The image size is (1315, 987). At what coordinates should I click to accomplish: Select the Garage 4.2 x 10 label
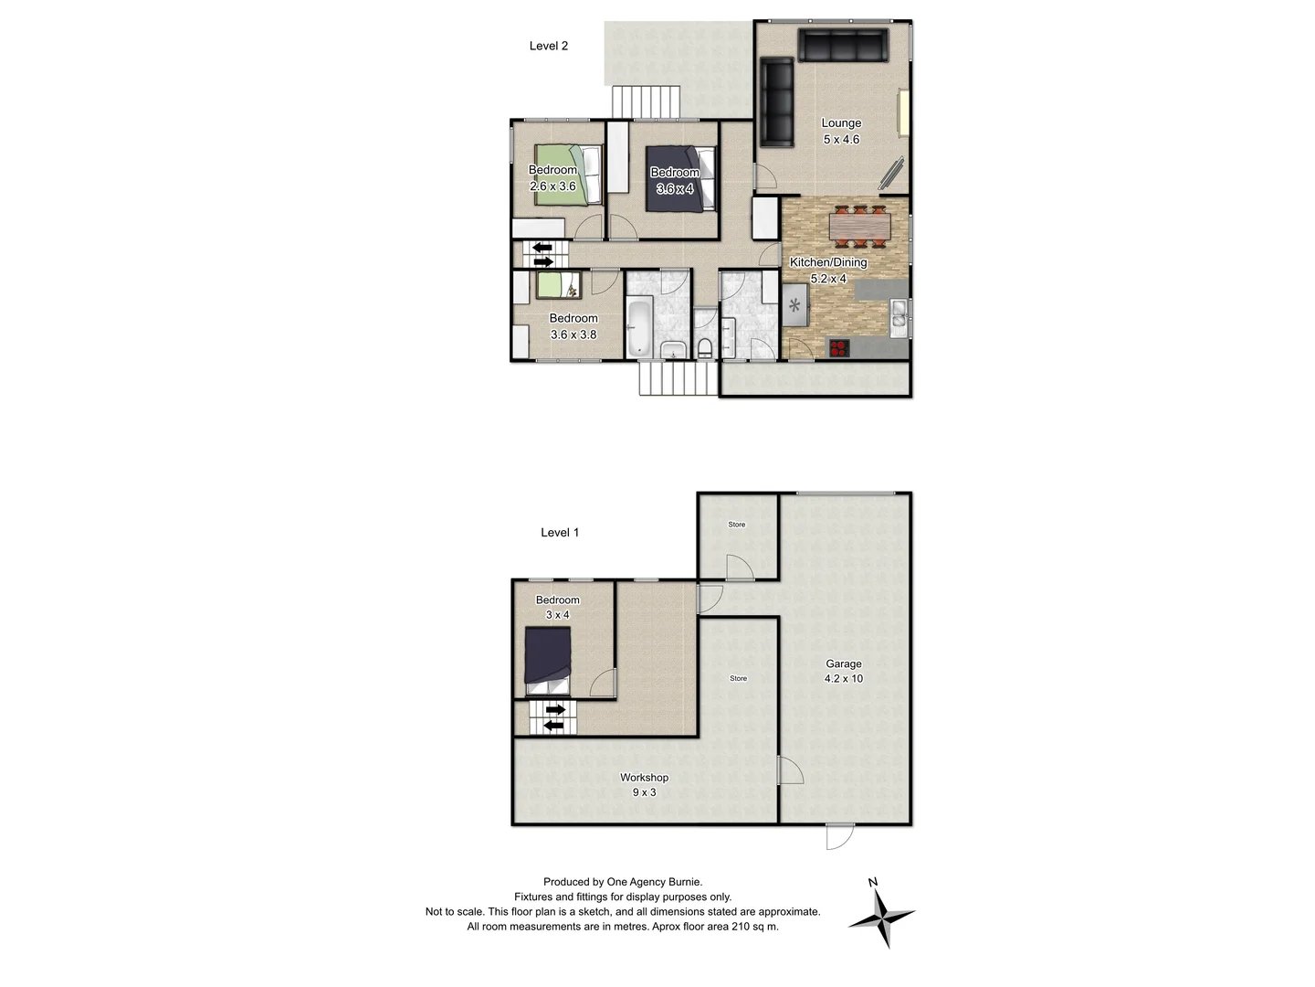click(x=844, y=672)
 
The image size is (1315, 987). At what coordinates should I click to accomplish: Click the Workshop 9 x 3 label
click(x=644, y=785)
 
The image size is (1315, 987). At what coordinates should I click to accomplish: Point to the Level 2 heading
click(x=549, y=46)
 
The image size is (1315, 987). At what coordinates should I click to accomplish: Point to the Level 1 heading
click(x=560, y=533)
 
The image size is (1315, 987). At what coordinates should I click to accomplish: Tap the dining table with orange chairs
click(x=858, y=226)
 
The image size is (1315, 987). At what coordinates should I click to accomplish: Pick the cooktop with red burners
click(x=839, y=347)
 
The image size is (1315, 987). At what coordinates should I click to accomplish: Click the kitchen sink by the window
click(x=899, y=313)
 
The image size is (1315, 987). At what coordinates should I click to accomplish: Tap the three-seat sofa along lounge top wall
click(x=843, y=46)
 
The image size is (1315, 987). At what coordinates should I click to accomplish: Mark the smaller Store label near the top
click(x=737, y=525)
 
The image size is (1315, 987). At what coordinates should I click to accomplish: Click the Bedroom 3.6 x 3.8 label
click(x=573, y=326)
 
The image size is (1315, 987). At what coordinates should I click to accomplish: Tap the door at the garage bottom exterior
click(x=839, y=834)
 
